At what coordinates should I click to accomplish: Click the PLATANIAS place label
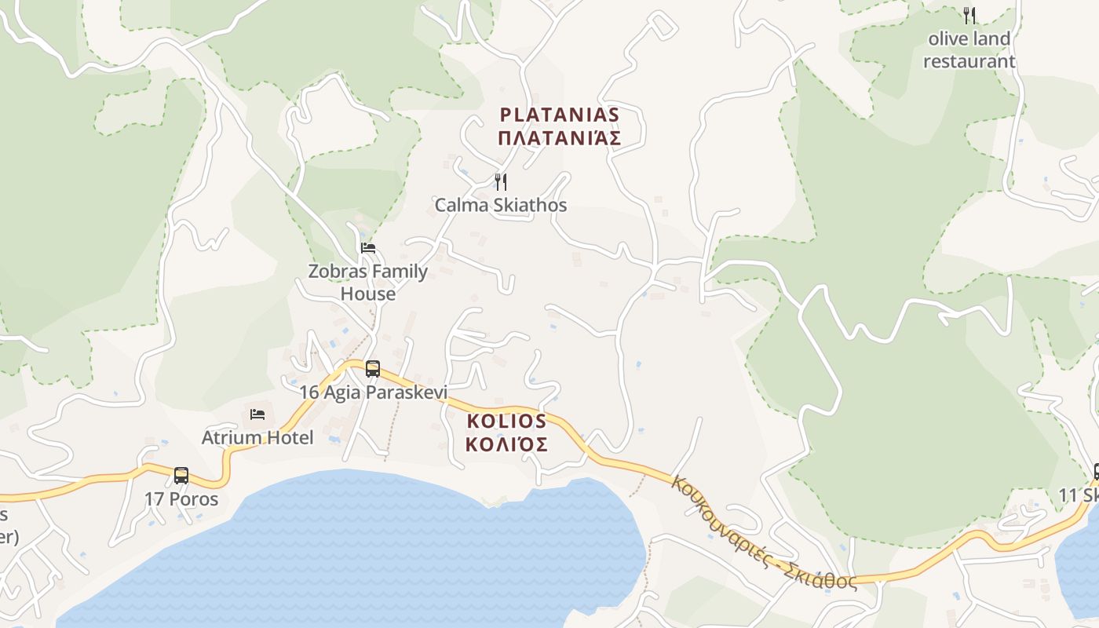pos(560,115)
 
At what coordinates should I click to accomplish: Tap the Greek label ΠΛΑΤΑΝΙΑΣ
pos(560,139)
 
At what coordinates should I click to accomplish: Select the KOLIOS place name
pos(506,421)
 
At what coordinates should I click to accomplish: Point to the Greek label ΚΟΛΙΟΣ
pos(506,444)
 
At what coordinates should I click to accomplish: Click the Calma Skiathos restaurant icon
pos(500,182)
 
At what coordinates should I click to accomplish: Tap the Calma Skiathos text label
pos(501,206)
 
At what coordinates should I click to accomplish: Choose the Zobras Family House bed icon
pos(367,248)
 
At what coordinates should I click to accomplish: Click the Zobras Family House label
pos(367,283)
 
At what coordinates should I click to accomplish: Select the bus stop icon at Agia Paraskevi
pos(373,368)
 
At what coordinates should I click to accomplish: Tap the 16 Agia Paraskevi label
pos(373,392)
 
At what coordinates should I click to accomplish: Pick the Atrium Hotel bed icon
pos(257,414)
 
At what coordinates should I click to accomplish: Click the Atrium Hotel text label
pos(257,437)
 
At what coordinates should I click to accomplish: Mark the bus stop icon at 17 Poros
pos(181,475)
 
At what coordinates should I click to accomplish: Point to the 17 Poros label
pos(181,498)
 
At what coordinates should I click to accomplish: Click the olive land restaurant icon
pos(969,15)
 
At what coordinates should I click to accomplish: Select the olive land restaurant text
pos(969,49)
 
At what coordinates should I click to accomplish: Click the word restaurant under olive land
pos(969,61)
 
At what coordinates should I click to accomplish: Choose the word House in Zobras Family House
pos(367,294)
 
